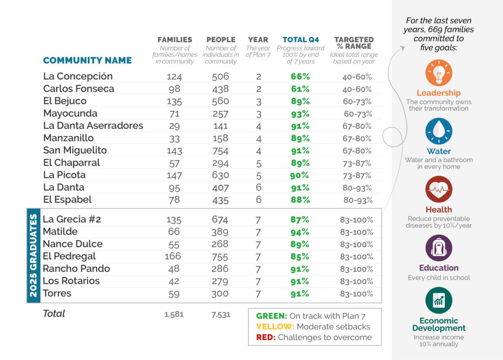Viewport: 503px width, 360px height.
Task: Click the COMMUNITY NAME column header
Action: pos(87,60)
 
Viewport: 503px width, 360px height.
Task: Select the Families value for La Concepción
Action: pos(174,77)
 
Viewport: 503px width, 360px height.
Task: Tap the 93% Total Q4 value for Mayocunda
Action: pos(299,113)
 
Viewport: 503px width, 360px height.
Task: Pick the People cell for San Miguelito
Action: pos(221,150)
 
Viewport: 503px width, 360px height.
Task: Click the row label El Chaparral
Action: pos(71,163)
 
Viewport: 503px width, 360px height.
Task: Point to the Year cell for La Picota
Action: pos(258,175)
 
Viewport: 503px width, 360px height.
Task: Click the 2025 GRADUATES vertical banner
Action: pos(33,255)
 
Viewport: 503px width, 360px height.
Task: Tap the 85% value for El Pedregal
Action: pos(299,256)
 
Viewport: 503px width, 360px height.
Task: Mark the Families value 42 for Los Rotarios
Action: pos(174,281)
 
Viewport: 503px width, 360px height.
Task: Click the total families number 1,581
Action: pos(174,314)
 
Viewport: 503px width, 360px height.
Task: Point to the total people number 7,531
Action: pos(221,314)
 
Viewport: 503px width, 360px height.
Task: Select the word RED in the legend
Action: pos(265,337)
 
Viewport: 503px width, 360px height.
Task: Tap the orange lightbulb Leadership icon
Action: pos(439,73)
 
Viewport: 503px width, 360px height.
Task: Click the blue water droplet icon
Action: pos(439,132)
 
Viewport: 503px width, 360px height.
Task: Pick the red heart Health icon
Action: pos(439,190)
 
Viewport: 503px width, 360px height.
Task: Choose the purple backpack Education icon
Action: pos(439,248)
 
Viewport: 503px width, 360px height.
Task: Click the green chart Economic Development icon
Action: pos(439,301)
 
